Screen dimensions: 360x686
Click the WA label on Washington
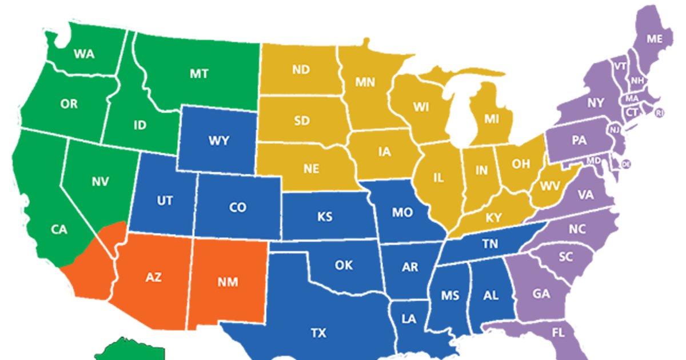(84, 54)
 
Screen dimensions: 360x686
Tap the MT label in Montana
(199, 74)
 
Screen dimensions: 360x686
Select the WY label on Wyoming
(219, 141)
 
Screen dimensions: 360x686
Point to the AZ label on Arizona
(153, 278)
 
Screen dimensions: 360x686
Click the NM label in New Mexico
(228, 281)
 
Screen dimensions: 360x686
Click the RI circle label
(660, 113)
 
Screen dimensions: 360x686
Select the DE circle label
(627, 164)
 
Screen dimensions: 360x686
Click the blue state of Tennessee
(489, 244)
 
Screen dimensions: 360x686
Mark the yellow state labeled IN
(482, 170)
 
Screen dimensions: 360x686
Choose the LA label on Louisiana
(409, 319)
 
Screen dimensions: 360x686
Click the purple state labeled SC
(565, 257)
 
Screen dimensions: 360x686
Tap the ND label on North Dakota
(301, 70)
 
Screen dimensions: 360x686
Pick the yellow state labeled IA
(384, 152)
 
